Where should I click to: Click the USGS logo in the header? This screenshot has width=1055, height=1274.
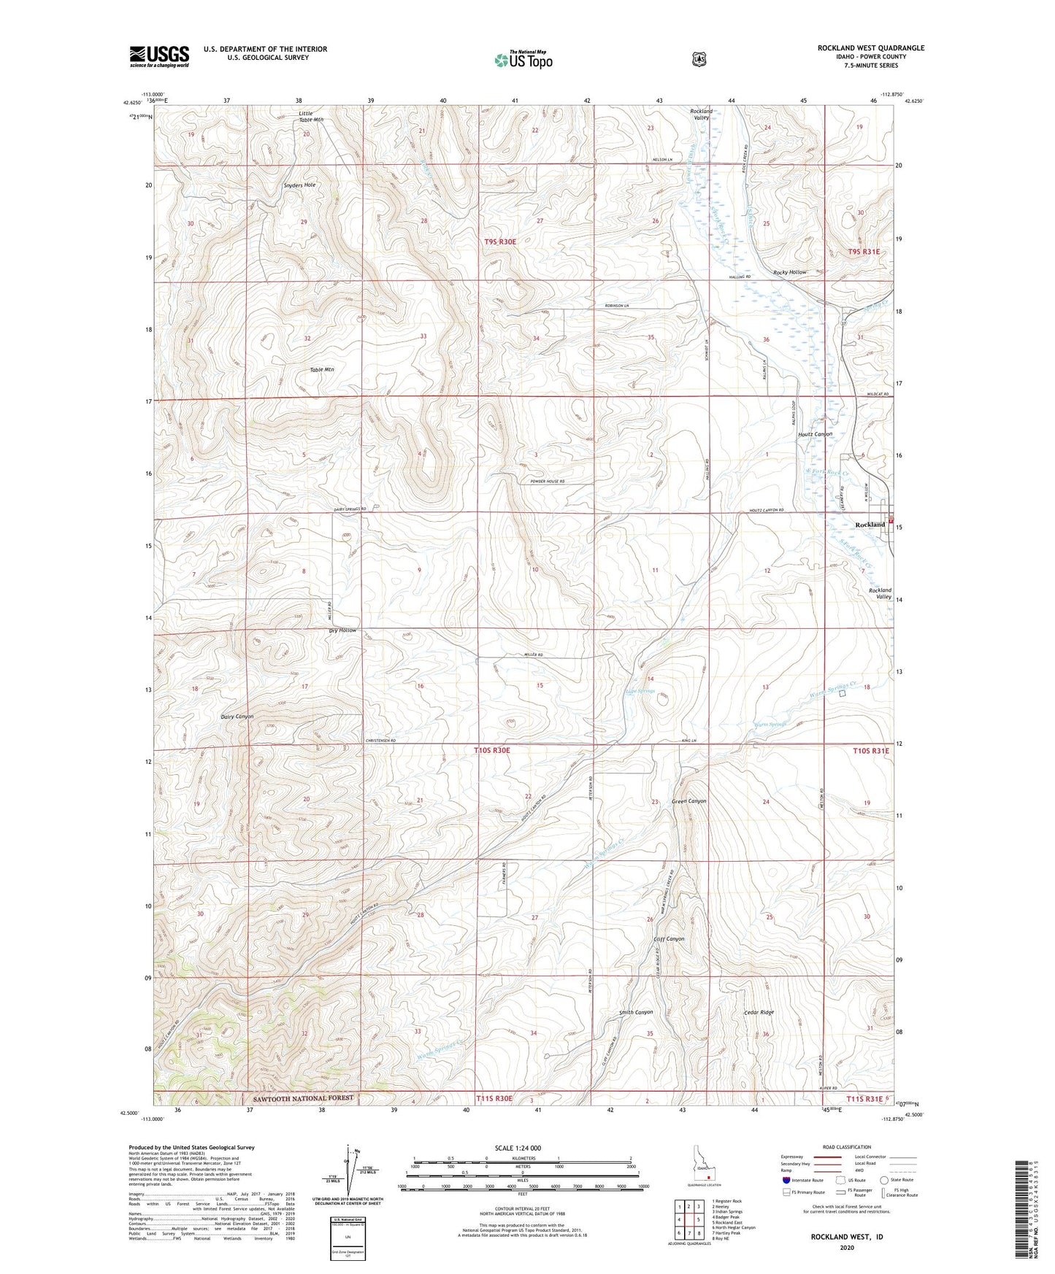pyautogui.click(x=159, y=56)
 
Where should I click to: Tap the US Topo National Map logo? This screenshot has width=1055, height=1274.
pyautogui.click(x=523, y=60)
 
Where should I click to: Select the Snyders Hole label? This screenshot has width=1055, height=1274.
pyautogui.click(x=299, y=185)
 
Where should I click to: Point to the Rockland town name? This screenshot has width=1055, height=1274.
pyautogui.click(x=870, y=525)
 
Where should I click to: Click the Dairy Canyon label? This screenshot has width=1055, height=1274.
pyautogui.click(x=237, y=717)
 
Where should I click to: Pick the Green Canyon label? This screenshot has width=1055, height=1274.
pyautogui.click(x=688, y=801)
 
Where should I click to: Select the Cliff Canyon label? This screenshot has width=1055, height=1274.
pyautogui.click(x=668, y=939)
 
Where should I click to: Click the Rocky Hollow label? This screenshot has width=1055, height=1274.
pyautogui.click(x=789, y=272)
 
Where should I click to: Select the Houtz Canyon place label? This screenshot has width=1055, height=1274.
pyautogui.click(x=814, y=434)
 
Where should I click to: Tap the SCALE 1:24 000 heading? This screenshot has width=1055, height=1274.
pyautogui.click(x=518, y=1148)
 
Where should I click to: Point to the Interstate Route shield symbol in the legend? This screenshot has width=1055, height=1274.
pyautogui.click(x=785, y=1179)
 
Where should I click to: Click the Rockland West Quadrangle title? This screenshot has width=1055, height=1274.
pyautogui.click(x=870, y=48)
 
